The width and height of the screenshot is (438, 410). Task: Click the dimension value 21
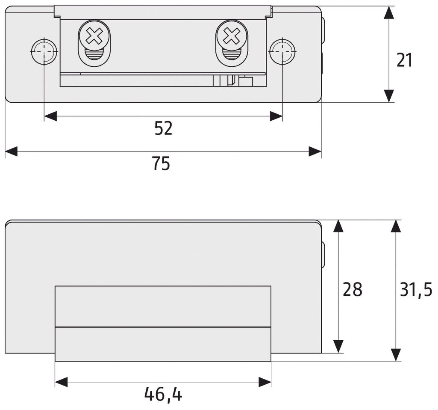point(404,60)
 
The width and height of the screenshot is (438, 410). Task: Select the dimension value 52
point(163,129)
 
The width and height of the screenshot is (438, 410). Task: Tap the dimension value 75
point(161,163)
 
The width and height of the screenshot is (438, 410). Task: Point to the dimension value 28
point(352,289)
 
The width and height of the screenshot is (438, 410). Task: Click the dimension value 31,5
point(416,290)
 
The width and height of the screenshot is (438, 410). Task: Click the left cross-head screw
point(94,36)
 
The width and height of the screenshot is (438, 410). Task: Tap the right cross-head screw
point(232,36)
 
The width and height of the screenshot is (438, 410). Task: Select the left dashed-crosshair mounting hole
point(44,52)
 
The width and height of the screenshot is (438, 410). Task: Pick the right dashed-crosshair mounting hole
point(282,52)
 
